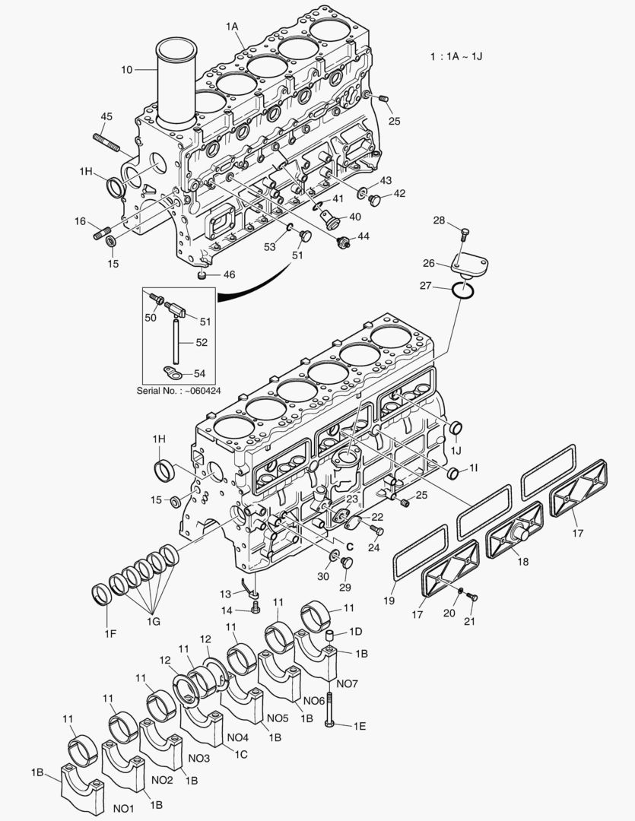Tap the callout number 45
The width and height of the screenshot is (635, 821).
(x=106, y=116)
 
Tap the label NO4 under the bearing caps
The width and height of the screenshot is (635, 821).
(x=238, y=737)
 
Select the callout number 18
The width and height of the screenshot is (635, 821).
(x=522, y=562)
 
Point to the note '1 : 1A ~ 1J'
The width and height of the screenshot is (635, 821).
(x=456, y=56)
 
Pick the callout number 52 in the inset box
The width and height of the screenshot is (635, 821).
(x=202, y=343)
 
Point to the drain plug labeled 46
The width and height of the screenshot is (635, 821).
(x=202, y=274)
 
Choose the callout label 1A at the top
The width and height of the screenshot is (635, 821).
(x=233, y=27)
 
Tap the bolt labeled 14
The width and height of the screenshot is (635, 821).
(x=256, y=607)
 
